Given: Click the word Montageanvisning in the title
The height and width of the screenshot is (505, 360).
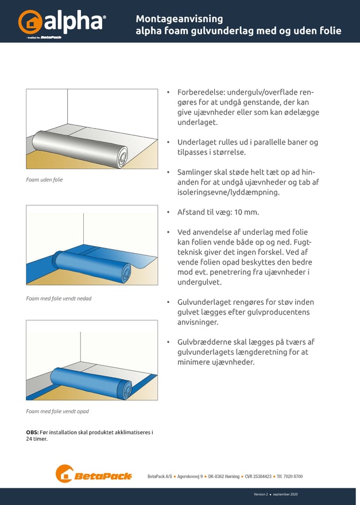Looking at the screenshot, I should (179, 18).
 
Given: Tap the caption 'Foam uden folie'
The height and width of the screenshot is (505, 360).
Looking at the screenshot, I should (44, 180).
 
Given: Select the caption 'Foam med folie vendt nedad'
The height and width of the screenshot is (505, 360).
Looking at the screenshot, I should (59, 298).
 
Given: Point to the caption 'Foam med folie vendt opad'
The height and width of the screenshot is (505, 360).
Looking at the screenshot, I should (57, 411).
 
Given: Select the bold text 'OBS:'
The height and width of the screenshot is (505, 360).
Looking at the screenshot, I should (33, 432).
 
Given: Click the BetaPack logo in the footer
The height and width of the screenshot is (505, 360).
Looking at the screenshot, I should (94, 475).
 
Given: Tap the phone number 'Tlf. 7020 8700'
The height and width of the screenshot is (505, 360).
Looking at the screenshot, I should (289, 476).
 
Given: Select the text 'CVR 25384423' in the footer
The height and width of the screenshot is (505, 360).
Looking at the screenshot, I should (257, 476).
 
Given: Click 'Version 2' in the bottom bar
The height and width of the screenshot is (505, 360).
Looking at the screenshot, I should (261, 494).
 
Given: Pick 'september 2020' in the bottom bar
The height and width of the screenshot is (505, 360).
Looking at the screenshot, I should (285, 494).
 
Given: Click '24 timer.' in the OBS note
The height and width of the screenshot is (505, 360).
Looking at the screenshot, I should (37, 439).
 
